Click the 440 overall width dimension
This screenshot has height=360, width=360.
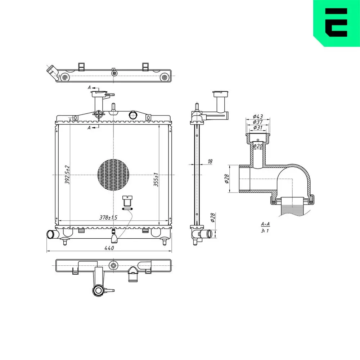click(x=109, y=248)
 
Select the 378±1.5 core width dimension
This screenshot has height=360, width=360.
click(x=108, y=217)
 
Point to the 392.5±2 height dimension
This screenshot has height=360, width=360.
click(x=67, y=175)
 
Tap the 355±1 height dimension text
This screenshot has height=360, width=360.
click(x=156, y=180)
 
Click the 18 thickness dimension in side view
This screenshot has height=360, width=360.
click(x=210, y=161)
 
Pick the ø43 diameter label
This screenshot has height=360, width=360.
click(x=258, y=116)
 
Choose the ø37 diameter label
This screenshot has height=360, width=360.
click(x=258, y=122)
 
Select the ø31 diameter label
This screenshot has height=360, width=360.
click(x=258, y=127)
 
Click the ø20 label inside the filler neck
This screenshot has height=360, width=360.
click(x=258, y=146)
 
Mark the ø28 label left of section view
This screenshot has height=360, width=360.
click(x=227, y=179)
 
